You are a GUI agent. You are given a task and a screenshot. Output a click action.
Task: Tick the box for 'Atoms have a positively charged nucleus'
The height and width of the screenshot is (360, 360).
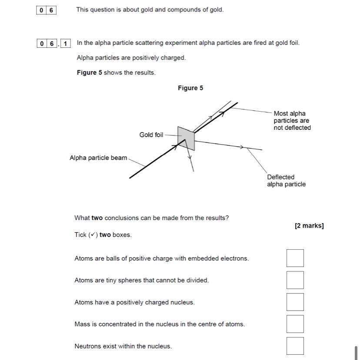pyautogui.click(x=295, y=302)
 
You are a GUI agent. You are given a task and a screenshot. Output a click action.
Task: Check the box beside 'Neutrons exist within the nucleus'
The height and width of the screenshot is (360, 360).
pyautogui.click(x=295, y=346)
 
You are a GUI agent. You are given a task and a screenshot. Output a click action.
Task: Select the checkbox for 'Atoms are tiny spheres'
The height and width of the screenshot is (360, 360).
pyautogui.click(x=295, y=280)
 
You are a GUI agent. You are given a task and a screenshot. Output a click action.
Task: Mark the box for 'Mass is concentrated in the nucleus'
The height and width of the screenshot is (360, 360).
pyautogui.click(x=295, y=324)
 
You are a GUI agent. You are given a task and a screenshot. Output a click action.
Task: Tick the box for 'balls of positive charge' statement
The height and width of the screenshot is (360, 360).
pyautogui.click(x=295, y=258)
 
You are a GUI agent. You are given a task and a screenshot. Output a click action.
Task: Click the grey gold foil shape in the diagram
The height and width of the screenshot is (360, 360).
pyautogui.click(x=186, y=138)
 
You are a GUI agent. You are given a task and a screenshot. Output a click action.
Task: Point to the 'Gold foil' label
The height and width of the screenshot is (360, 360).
pyautogui.click(x=151, y=135)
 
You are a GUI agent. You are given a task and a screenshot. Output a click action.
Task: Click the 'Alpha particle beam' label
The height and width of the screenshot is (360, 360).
pyautogui.click(x=98, y=158)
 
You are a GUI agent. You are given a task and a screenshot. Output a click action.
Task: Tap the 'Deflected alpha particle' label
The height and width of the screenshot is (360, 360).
pyautogui.click(x=286, y=181)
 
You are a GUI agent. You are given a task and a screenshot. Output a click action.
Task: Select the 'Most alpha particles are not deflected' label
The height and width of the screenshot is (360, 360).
pyautogui.click(x=292, y=121)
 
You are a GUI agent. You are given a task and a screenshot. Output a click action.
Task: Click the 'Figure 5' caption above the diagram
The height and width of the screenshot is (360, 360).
pyautogui.click(x=190, y=88)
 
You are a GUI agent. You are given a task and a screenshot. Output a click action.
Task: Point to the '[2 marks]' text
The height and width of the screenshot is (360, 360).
pyautogui.click(x=309, y=226)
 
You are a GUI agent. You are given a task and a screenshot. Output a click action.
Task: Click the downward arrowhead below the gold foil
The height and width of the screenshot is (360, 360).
pyautogui.click(x=190, y=157)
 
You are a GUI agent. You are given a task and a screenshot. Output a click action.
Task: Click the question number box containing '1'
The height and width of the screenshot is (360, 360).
pyautogui.click(x=65, y=43)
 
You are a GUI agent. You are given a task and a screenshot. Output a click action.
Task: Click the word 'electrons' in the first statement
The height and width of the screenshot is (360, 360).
pyautogui.click(x=233, y=258)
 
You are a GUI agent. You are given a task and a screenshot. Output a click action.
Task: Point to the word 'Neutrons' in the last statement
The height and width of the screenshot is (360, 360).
pyautogui.click(x=87, y=346)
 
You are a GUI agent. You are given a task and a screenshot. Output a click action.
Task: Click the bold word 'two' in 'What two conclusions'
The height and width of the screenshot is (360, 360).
pyautogui.click(x=97, y=218)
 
